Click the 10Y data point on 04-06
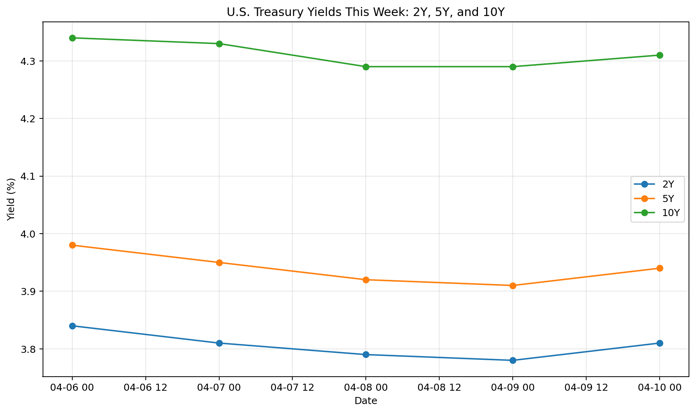tap(72, 38)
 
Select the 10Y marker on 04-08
tap(366, 67)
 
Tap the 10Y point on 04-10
tap(660, 55)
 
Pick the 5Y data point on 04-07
tap(219, 263)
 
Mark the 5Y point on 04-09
tap(513, 286)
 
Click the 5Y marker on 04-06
tap(72, 245)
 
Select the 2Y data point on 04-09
tap(513, 360)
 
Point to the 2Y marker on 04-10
tap(660, 343)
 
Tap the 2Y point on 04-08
tap(366, 355)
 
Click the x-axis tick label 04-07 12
tap(292, 388)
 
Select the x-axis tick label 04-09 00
tap(513, 388)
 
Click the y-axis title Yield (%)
tap(11, 199)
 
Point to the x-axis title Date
tap(366, 401)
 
